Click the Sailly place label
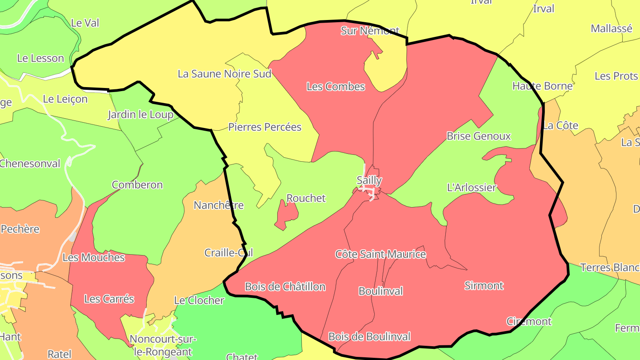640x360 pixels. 369,180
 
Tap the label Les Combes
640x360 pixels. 336,87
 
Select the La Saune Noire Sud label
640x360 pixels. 224,74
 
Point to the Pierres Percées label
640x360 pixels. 265,127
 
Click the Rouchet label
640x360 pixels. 306,198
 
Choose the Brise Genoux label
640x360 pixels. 479,136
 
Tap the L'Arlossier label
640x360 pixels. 471,188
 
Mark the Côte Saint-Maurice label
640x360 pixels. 380,254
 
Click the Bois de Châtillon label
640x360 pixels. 285,287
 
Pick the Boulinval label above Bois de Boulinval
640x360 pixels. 380,291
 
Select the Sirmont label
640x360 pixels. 484,285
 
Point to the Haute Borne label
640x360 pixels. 542,86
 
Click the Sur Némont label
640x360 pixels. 370,31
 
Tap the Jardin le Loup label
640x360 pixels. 140,115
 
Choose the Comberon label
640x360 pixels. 137,185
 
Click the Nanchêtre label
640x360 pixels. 219,205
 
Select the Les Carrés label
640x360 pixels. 109,299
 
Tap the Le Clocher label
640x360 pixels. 199,300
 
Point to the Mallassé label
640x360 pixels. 611,28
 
